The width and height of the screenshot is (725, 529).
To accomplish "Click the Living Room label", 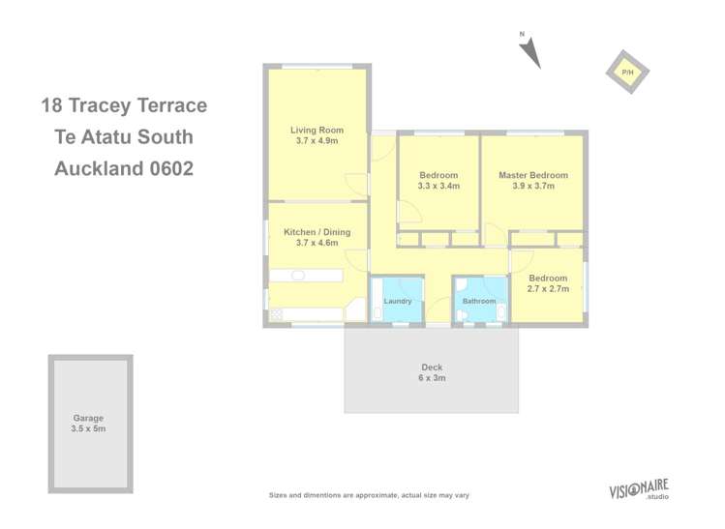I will pos(317,130).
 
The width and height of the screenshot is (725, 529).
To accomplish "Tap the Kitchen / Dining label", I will pos(317,232).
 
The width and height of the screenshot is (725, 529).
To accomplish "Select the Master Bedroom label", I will pos(532,175).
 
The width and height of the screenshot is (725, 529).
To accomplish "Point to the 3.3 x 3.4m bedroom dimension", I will pos(438,186).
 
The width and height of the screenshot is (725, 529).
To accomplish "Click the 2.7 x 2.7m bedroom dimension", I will pos(548,288).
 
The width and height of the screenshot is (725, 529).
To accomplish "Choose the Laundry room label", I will pos(398,301).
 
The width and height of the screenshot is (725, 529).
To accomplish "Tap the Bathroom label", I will pos(479,301).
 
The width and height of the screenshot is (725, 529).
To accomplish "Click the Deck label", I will pos(432,367).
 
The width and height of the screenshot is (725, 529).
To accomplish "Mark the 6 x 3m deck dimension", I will pos(432,378).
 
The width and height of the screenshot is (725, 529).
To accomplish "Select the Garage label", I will pos(88,418).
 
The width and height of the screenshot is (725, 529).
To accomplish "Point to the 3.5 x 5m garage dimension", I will pos(88,428).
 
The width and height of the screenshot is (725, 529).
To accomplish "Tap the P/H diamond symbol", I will pos(627,73).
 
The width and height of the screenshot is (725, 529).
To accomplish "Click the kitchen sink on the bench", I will pos(298,276).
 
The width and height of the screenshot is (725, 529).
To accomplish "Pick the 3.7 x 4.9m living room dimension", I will pos(317,141).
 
